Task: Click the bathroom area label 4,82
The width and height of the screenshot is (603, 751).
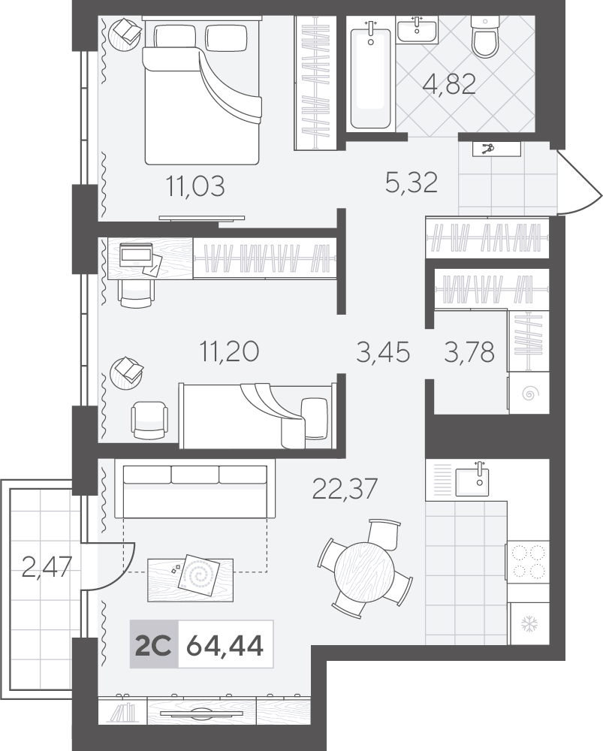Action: pos(449,84)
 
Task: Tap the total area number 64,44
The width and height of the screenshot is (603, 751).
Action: pos(225,645)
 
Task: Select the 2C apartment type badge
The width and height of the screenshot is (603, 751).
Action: pos(153,645)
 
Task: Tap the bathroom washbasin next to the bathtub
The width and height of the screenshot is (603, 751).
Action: pos(417,30)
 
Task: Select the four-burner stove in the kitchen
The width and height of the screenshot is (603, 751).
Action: pos(529,562)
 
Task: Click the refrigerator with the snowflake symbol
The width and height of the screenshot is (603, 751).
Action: pos(529,623)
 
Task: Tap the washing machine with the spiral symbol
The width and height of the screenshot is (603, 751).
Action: pos(529,394)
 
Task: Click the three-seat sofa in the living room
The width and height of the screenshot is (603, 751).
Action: pos(195,489)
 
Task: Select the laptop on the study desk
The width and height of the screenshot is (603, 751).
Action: pos(136,255)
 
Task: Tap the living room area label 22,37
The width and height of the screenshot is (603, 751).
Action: pos(345,489)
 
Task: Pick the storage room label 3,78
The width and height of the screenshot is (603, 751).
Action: pos(469,352)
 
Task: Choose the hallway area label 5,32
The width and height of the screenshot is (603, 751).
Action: pos(412,182)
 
